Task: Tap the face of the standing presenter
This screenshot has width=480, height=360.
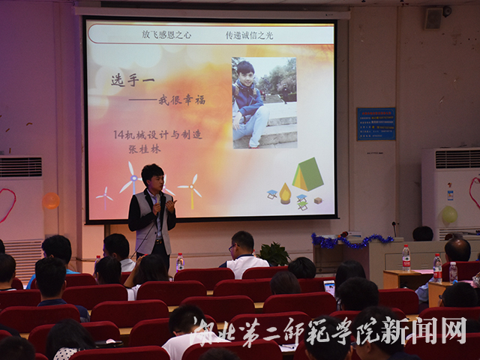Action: pyautogui.click(x=152, y=180)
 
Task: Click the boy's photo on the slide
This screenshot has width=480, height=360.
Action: pyautogui.click(x=264, y=103)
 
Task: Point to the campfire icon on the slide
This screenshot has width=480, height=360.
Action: pyautogui.click(x=285, y=193)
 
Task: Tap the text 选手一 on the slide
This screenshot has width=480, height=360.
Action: pyautogui.click(x=128, y=80)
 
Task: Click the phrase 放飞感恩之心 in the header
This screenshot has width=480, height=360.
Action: pyautogui.click(x=166, y=34)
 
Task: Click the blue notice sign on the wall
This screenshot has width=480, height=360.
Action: pyautogui.click(x=376, y=124)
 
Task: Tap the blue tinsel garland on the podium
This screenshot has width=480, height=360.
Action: pyautogui.click(x=351, y=241)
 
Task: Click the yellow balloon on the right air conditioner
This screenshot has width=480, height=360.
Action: pyautogui.click(x=448, y=215)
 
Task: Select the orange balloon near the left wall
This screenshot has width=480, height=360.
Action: pyautogui.click(x=50, y=201)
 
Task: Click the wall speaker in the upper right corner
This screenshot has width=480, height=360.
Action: pyautogui.click(x=433, y=18)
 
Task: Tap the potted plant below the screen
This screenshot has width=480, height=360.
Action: pyautogui.click(x=274, y=253)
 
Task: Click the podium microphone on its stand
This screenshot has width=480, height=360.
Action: pyautogui.click(x=394, y=226)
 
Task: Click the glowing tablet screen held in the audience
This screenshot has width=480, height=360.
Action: pyautogui.click(x=329, y=286)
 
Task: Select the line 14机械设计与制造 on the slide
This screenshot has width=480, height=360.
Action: pyautogui.click(x=157, y=134)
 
